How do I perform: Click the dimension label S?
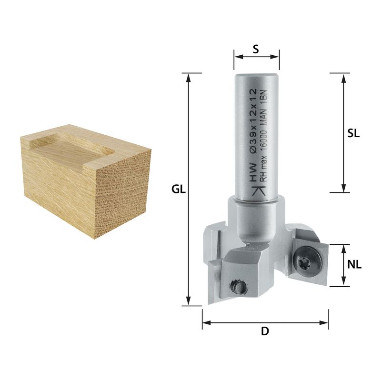point(256,49)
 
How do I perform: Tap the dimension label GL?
point(179,189)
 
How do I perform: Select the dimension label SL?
point(353,133)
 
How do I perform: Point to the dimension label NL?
point(354,265)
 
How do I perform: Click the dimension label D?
point(265,331)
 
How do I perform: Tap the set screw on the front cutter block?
point(238,287)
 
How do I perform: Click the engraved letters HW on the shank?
point(253,172)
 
